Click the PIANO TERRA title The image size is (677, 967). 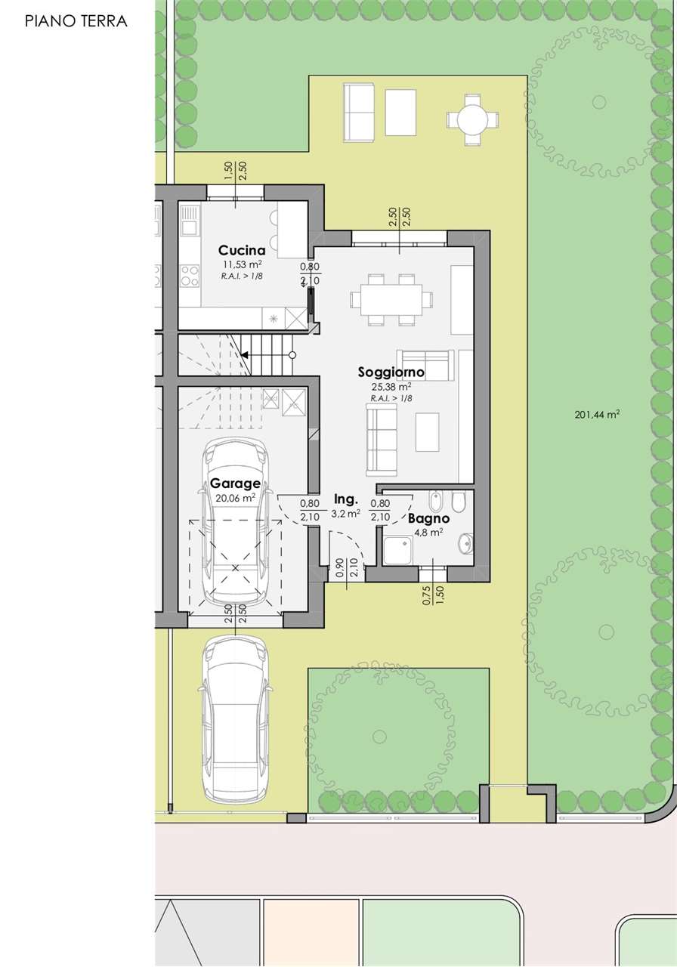tap(76, 21)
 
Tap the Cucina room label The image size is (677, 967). tap(242, 250)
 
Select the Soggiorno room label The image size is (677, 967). tap(391, 372)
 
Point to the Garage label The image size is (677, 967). tap(235, 483)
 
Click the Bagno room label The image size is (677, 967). tap(428, 518)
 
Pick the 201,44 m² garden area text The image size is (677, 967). tap(598, 415)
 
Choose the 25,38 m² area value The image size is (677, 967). tap(391, 386)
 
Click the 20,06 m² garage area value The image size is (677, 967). tap(235, 498)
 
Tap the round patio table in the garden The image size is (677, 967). tap(472, 119)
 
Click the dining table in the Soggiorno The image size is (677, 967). tap(391, 299)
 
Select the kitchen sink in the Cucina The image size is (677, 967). tap(190, 220)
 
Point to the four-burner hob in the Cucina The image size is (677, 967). tap(190, 275)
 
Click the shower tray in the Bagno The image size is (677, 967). tap(398, 551)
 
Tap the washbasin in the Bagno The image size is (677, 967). tap(466, 543)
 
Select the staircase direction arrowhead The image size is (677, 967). tap(244, 355)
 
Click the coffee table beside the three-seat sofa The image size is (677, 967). tap(427, 431)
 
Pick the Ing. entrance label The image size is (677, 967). tap(346, 499)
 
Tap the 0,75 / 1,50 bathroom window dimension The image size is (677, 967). tap(434, 595)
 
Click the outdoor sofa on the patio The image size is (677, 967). tap(359, 113)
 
